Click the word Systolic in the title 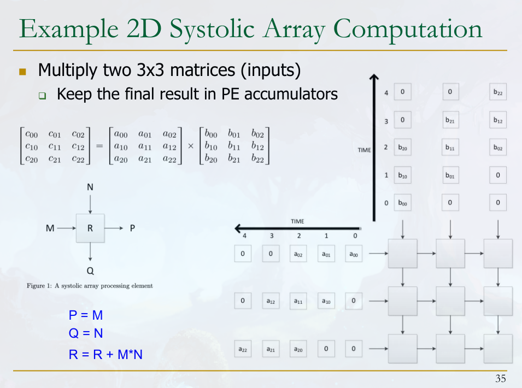tap(212, 30)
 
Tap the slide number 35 tap(500, 379)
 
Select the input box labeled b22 tap(498, 92)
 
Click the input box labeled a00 tap(354, 254)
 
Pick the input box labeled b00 tap(402, 202)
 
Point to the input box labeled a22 tap(243, 349)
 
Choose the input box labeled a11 tap(298, 301)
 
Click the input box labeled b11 tap(450, 147)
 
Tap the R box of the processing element tap(90, 228)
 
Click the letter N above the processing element tap(90, 187)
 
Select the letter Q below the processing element tap(90, 271)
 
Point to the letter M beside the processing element tap(50, 228)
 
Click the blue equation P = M tap(86, 315)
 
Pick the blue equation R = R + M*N tap(105, 354)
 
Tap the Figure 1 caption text tap(90, 286)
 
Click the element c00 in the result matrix tap(32, 134)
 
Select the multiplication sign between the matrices tap(191, 146)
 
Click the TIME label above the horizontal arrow tap(297, 221)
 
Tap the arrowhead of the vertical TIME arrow tap(374, 77)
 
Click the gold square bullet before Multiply tap(22, 72)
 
